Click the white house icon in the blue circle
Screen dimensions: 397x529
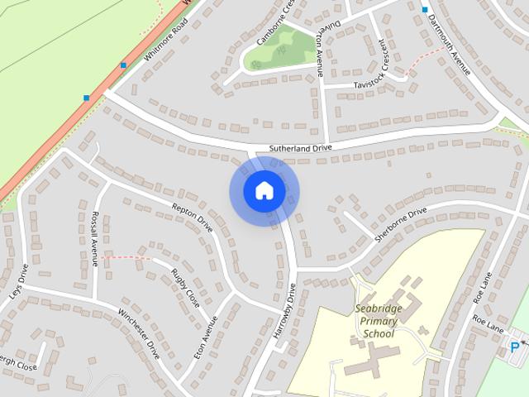(264, 191)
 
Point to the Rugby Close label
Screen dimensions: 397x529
(186, 287)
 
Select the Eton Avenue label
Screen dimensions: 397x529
(205, 334)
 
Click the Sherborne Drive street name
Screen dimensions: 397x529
(400, 224)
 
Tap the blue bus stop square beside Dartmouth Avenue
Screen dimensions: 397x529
(425, 10)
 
